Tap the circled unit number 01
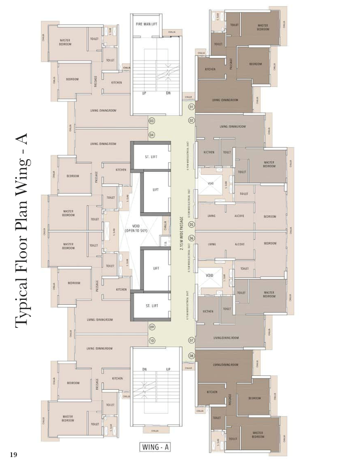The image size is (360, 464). [x=191, y=107]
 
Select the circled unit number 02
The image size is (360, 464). [x=191, y=121]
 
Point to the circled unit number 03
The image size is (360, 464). [x=151, y=121]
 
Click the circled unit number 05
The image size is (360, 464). [x=191, y=224]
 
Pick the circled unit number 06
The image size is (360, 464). [x=191, y=238]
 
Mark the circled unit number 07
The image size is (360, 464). [x=191, y=340]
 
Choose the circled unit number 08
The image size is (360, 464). [x=191, y=355]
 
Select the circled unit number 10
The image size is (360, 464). [x=151, y=340]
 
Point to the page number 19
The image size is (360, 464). [x=13, y=454]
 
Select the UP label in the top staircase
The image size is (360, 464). [x=144, y=93]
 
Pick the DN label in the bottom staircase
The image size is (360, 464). [x=144, y=369]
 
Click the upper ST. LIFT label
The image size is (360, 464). [x=151, y=157]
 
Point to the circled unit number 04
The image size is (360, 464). [x=151, y=134]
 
